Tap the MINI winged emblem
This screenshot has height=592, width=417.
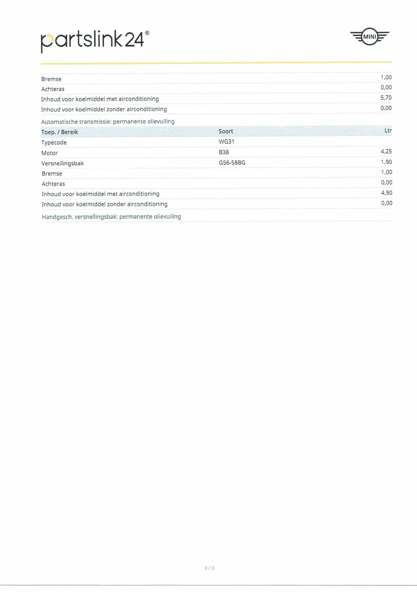coord(370,37)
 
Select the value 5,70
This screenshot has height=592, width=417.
coord(386,98)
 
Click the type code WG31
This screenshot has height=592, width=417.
coord(226,142)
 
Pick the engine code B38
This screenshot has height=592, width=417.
coord(224,152)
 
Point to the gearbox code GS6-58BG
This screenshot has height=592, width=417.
coord(232,163)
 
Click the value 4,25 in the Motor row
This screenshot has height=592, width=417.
coord(386,151)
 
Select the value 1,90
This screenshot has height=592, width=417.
coord(386,162)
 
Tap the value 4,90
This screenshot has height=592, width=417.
coord(387,193)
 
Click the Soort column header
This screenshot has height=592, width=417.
coord(226,131)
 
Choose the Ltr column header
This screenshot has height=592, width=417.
coord(388,131)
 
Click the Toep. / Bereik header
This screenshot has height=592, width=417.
coord(60,132)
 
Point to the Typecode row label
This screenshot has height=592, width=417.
coord(54,142)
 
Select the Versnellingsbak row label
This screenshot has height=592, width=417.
coord(62,163)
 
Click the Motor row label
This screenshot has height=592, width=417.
coord(50,153)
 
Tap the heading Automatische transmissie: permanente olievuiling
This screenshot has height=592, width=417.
coord(108,121)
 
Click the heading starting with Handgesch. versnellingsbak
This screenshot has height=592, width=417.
coord(111,217)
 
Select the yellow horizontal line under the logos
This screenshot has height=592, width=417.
coord(216,63)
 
